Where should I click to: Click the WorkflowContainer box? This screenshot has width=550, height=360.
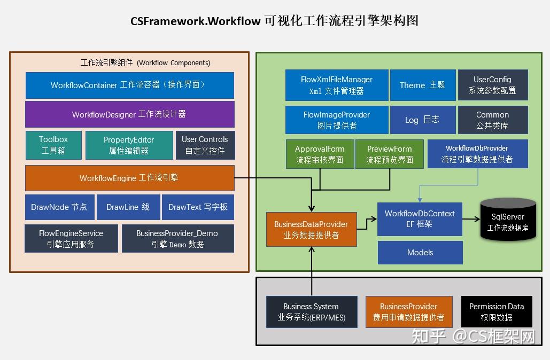129,85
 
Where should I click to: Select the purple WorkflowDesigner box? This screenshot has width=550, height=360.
129,114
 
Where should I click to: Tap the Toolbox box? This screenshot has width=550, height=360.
53,145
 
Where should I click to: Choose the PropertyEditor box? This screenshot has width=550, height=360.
128,145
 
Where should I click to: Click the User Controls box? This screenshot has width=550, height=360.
205,145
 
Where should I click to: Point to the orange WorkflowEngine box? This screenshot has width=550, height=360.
129,178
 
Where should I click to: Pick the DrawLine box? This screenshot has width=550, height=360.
128,207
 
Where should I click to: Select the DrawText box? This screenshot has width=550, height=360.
198,207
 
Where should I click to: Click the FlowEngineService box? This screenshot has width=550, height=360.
71,239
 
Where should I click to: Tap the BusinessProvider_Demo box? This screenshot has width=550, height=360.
177,239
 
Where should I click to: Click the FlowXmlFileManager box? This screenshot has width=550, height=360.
337,85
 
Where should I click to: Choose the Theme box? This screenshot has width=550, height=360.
422,85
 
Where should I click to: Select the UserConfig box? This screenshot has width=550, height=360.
492,85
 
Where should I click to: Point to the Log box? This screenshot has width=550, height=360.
422,120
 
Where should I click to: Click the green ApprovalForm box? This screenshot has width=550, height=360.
320,154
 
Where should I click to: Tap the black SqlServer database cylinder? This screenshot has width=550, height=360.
508,219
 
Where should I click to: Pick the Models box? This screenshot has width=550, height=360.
420,253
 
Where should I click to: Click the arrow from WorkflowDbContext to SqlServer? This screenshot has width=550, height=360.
471,219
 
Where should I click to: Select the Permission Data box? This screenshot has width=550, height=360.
497,311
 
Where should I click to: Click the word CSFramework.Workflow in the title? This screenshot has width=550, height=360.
196,21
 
